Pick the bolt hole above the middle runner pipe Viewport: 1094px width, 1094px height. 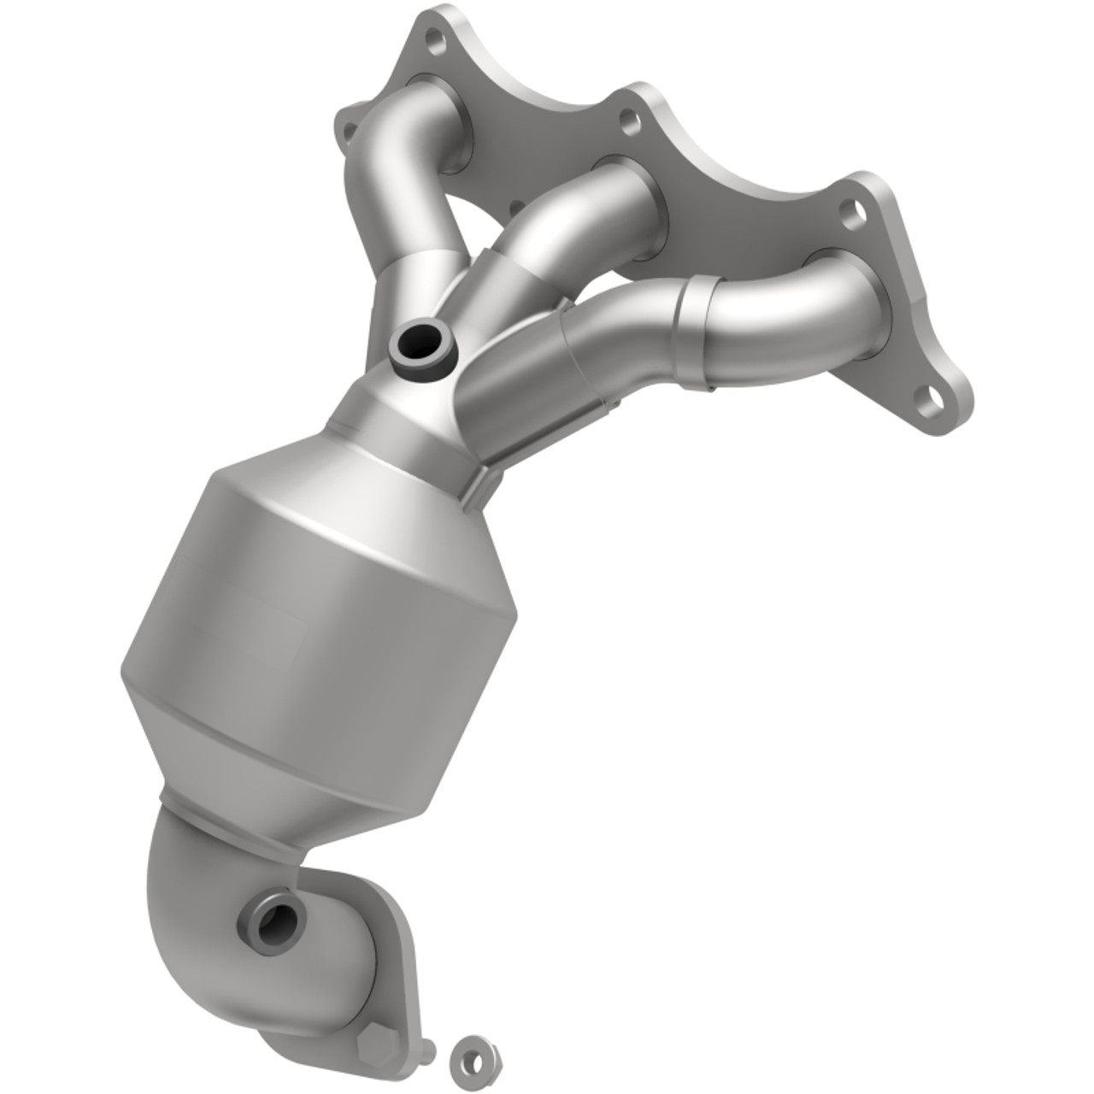[x=630, y=122]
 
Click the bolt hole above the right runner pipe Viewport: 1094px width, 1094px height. [x=850, y=211]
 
